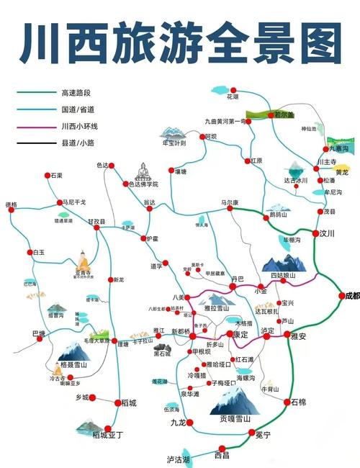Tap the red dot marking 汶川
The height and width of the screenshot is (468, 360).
coord(316,233)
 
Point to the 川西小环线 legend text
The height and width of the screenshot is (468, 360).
coord(77,127)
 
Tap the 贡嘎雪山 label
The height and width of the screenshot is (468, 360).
coord(235,418)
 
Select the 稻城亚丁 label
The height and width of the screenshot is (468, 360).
coord(101,435)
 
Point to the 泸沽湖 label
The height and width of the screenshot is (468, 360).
coord(178,459)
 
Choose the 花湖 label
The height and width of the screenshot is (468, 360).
coord(232,96)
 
